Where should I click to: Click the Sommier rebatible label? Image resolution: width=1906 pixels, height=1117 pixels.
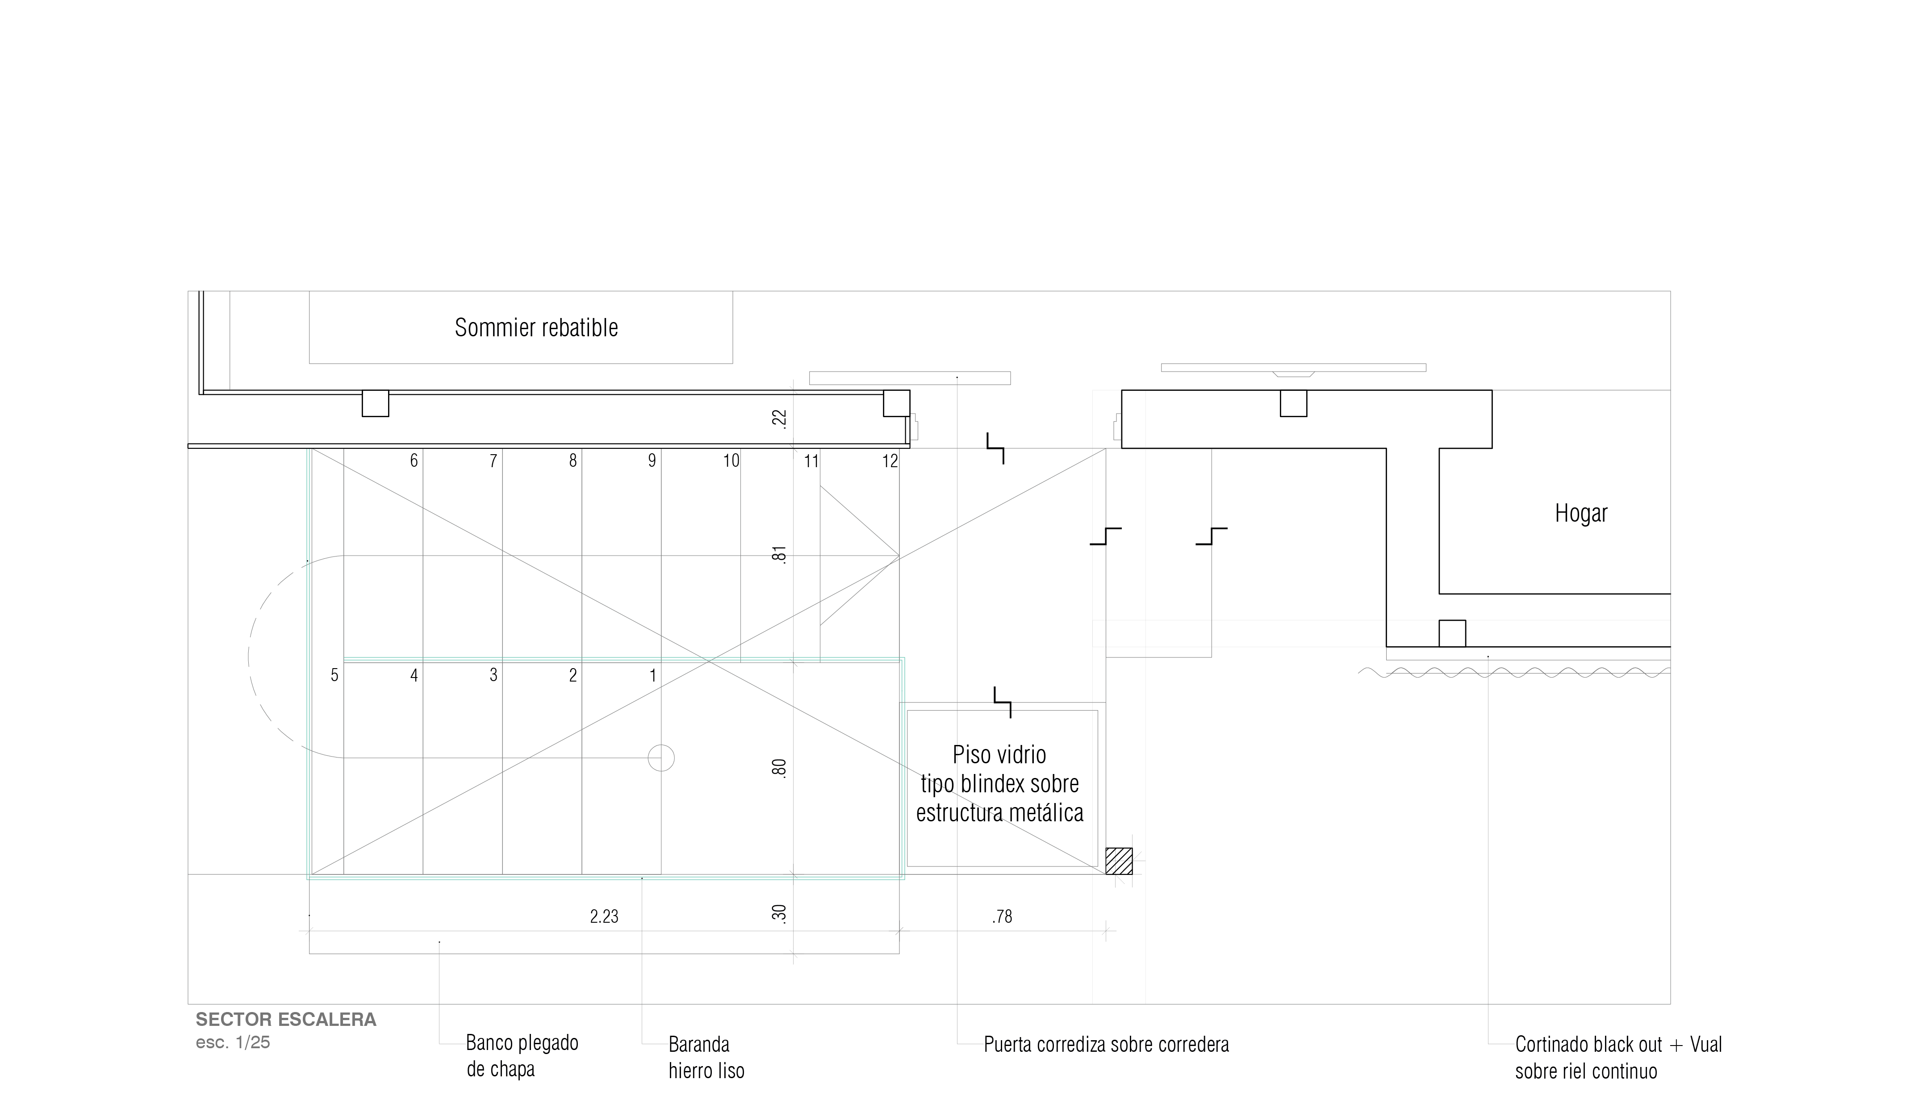pyautogui.click(x=536, y=327)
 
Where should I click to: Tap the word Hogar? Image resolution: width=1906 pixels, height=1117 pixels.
pyautogui.click(x=1581, y=514)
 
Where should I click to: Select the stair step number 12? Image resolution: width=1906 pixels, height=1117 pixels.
pyautogui.click(x=890, y=460)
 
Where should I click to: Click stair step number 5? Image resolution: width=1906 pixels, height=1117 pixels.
pyautogui.click(x=334, y=675)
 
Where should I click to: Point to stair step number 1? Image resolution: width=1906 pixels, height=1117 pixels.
pyautogui.click(x=653, y=675)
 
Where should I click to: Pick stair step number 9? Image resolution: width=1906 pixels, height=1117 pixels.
pyautogui.click(x=652, y=460)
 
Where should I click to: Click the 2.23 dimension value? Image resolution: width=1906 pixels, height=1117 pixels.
pyautogui.click(x=604, y=916)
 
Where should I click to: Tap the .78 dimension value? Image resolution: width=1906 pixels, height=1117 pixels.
pyautogui.click(x=1002, y=916)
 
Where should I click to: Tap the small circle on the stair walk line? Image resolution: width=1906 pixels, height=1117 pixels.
pyautogui.click(x=661, y=758)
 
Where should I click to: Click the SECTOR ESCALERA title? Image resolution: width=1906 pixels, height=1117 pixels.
pyautogui.click(x=286, y=1020)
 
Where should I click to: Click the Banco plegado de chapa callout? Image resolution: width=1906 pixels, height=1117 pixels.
pyautogui.click(x=522, y=1056)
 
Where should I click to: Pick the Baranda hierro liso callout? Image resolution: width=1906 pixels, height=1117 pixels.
pyautogui.click(x=706, y=1057)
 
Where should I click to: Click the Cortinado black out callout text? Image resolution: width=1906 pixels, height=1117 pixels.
pyautogui.click(x=1618, y=1057)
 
